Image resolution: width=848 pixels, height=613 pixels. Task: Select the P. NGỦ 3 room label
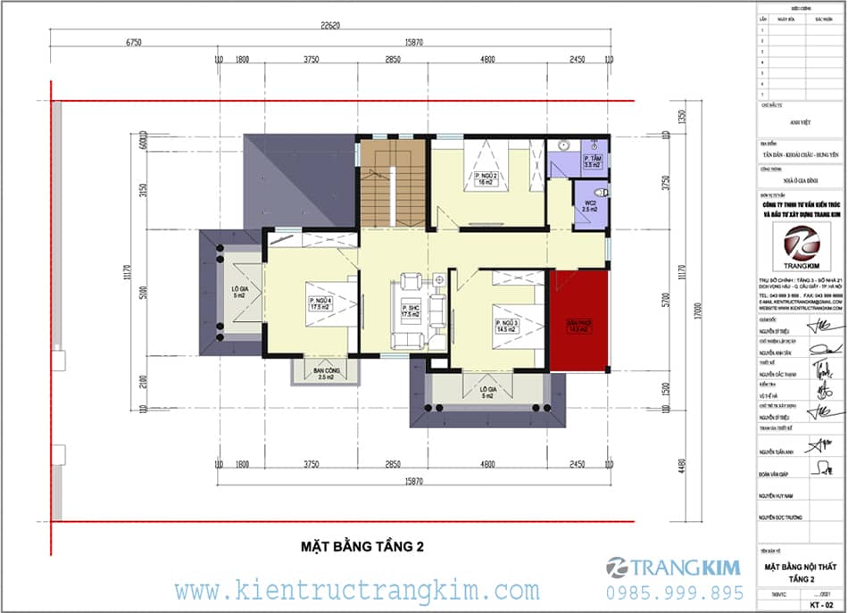click(x=504, y=324)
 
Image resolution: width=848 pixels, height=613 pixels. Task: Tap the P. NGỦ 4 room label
click(x=320, y=303)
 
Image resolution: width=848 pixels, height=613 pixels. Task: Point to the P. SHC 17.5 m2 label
click(x=411, y=311)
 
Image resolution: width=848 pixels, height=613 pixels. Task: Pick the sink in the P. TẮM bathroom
click(x=564, y=145)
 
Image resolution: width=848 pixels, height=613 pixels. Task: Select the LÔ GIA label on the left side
click(x=239, y=294)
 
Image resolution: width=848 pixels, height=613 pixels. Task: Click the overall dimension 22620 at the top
click(x=330, y=26)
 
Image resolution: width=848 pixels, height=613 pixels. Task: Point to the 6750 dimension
click(x=136, y=42)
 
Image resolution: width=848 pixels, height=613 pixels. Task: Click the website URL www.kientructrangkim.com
click(x=356, y=591)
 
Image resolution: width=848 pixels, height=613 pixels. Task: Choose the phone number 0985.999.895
click(x=674, y=592)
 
